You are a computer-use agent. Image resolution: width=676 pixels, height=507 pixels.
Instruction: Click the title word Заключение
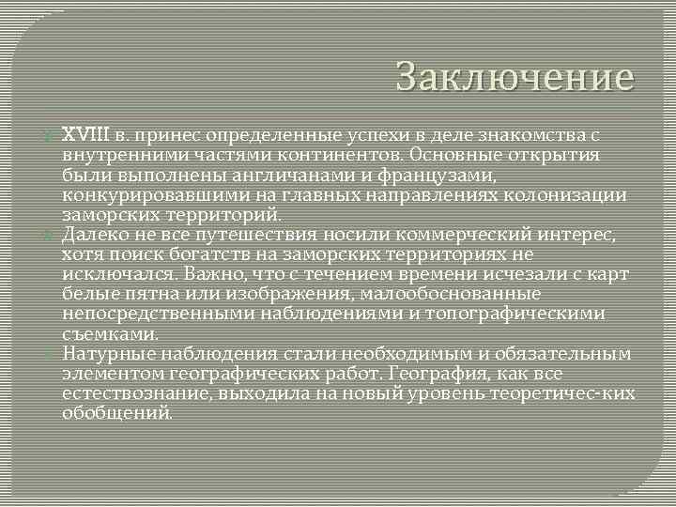pyautogui.click(x=515, y=77)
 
